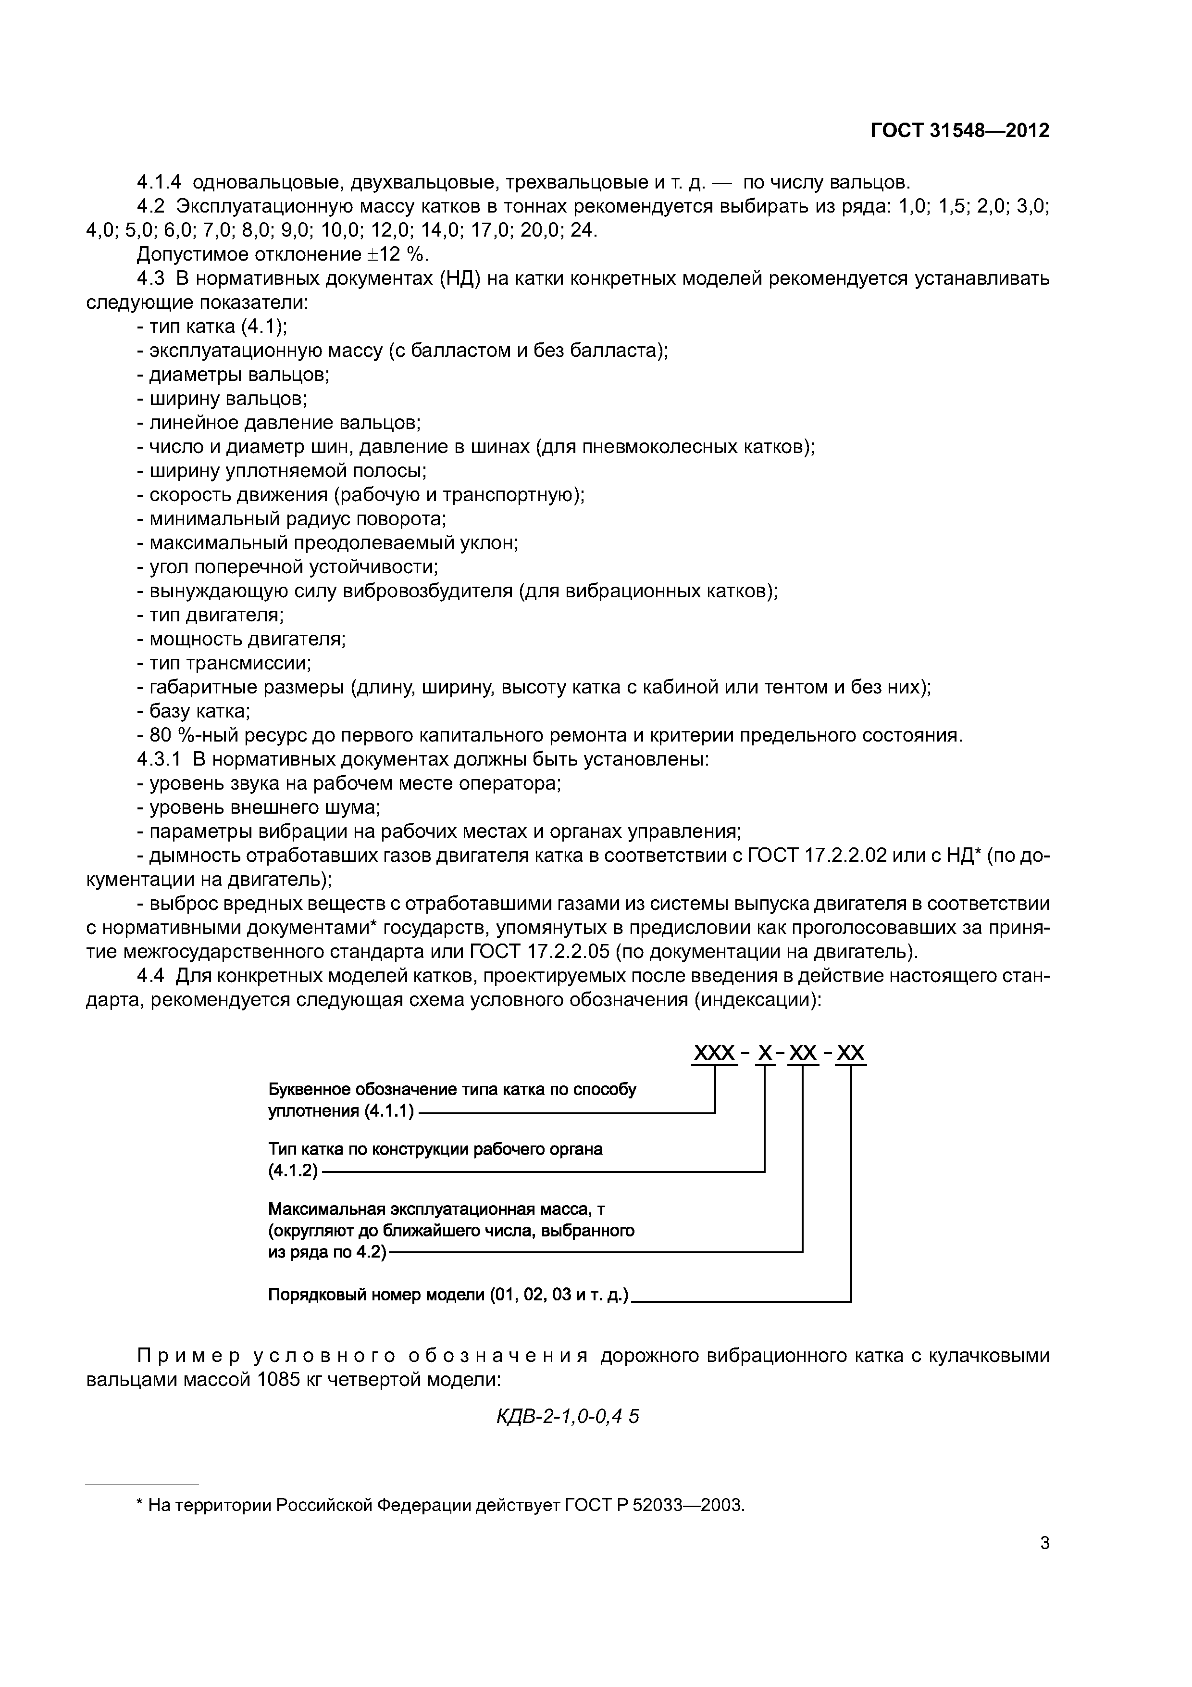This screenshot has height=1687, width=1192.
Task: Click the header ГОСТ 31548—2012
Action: click(960, 131)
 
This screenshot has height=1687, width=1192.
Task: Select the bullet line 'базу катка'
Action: click(194, 711)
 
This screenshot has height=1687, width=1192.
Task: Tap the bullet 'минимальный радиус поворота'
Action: click(292, 519)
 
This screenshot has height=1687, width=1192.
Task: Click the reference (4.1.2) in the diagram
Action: click(293, 1171)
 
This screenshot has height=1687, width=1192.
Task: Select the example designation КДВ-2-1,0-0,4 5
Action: click(568, 1416)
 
